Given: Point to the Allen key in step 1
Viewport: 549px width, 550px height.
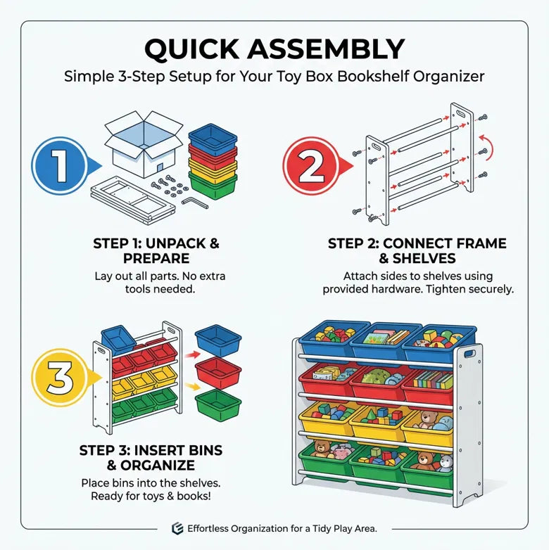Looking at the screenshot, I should point(197,202).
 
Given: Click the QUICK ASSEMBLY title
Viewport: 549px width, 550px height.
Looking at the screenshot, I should point(274,49).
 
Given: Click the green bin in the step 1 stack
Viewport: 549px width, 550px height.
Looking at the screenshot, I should point(213,187).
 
